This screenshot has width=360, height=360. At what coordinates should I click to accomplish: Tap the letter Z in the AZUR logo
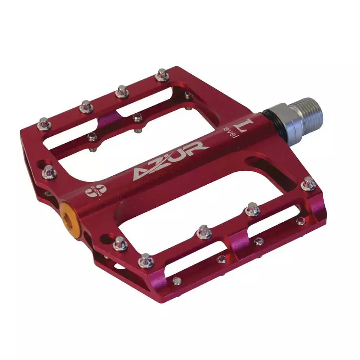(158, 163)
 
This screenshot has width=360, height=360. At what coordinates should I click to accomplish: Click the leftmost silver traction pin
(44, 124)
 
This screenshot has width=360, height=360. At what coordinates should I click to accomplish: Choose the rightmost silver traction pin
(309, 184)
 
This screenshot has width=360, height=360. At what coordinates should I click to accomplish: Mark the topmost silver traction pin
(162, 75)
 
